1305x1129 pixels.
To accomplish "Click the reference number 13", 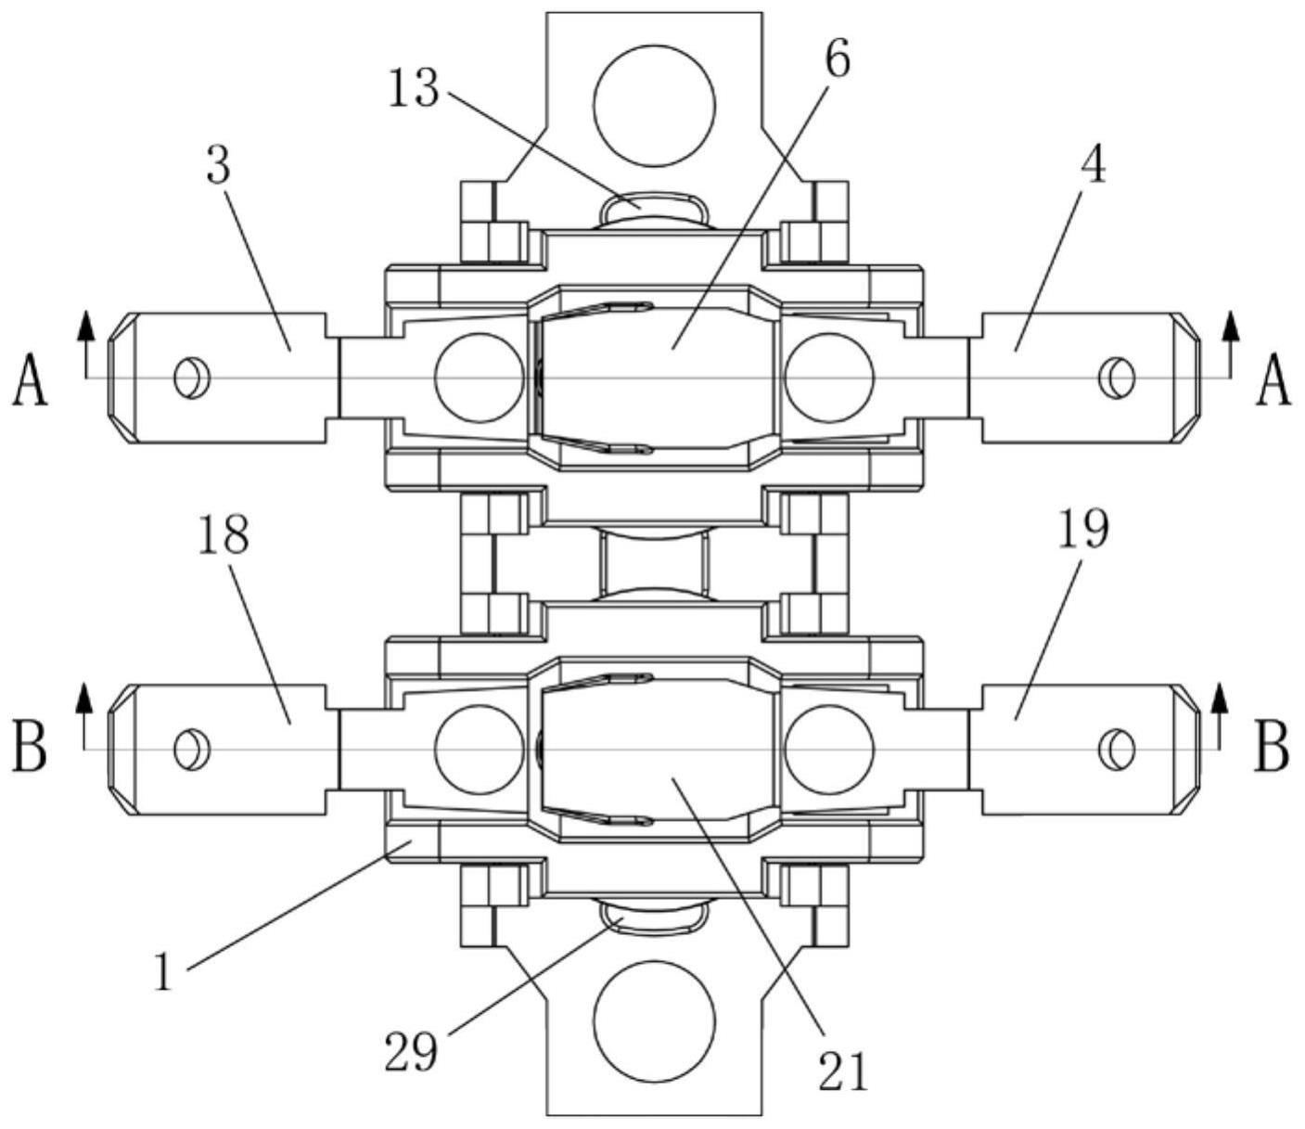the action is (414, 88).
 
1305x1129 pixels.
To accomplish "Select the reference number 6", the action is (838, 58).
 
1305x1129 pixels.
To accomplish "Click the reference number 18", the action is (224, 533).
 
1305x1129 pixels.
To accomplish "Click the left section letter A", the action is (30, 379).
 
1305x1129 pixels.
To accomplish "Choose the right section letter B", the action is (1271, 751).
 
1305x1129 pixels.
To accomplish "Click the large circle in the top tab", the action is (655, 106).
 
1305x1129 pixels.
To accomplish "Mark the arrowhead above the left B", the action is (83, 696).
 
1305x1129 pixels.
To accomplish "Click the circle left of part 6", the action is (480, 377).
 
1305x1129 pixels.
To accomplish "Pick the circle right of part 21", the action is (830, 749).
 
